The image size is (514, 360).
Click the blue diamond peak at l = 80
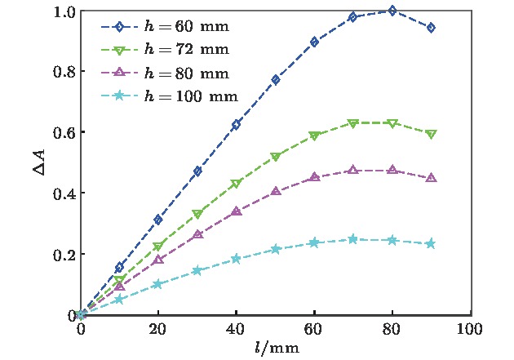point(392,11)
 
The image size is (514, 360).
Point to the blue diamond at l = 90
point(431,28)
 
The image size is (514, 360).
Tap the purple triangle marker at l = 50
point(276,192)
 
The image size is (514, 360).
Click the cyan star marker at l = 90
point(431,243)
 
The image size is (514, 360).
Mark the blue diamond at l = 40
point(237,125)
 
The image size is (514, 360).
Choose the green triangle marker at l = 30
point(197,214)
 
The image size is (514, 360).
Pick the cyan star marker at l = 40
point(237,259)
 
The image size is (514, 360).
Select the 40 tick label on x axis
point(237,329)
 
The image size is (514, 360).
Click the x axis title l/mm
point(276,349)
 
